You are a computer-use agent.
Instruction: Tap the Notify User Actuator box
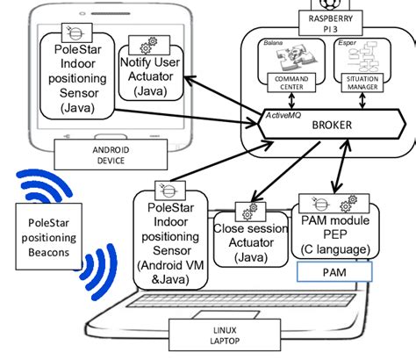point(154,78)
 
